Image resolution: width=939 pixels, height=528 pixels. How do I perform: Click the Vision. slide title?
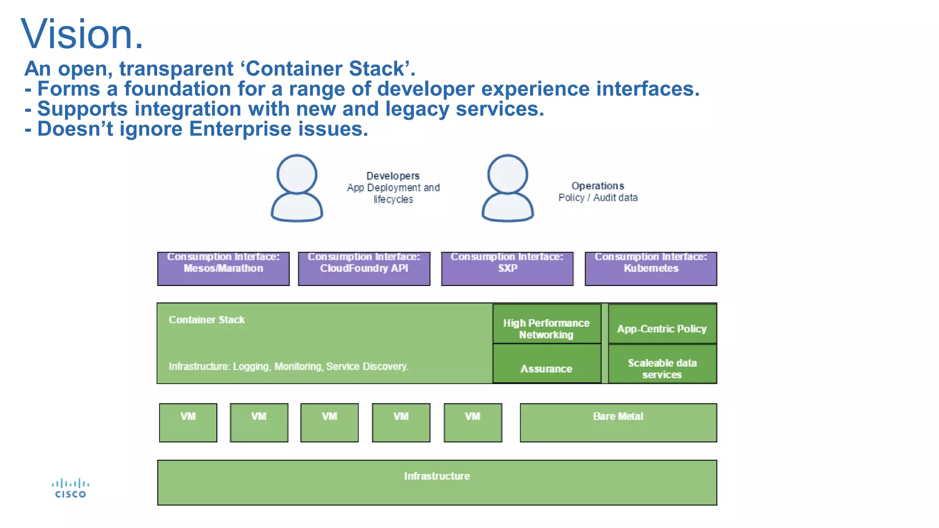pyautogui.click(x=82, y=34)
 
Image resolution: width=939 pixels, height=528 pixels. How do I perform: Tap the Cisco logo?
pyautogui.click(x=70, y=489)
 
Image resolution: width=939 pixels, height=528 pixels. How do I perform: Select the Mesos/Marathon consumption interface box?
pyautogui.click(x=223, y=269)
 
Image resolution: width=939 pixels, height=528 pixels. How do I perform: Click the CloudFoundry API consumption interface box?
pyautogui.click(x=364, y=269)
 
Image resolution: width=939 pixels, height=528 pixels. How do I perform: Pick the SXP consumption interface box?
pyautogui.click(x=507, y=269)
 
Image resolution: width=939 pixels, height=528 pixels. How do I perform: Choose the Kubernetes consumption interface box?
pyautogui.click(x=651, y=269)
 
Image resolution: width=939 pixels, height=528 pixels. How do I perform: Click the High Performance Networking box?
pyautogui.click(x=547, y=324)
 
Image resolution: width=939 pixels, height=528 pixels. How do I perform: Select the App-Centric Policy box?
pyautogui.click(x=662, y=324)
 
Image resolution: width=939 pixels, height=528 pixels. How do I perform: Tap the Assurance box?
pyautogui.click(x=547, y=364)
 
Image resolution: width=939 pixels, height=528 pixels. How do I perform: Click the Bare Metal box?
pyautogui.click(x=618, y=423)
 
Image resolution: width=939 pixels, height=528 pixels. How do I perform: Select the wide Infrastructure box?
pyautogui.click(x=437, y=482)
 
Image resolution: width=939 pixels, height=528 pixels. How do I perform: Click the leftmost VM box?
pyautogui.click(x=188, y=423)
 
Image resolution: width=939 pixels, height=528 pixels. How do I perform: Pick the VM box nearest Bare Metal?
pyautogui.click(x=473, y=423)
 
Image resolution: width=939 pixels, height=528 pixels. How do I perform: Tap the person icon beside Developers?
pyautogui.click(x=297, y=188)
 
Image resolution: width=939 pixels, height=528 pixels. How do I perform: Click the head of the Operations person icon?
pyautogui.click(x=508, y=174)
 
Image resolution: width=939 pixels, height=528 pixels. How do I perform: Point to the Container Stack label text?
pyautogui.click(x=206, y=320)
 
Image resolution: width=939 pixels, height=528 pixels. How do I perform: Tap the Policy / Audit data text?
pyautogui.click(x=598, y=198)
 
